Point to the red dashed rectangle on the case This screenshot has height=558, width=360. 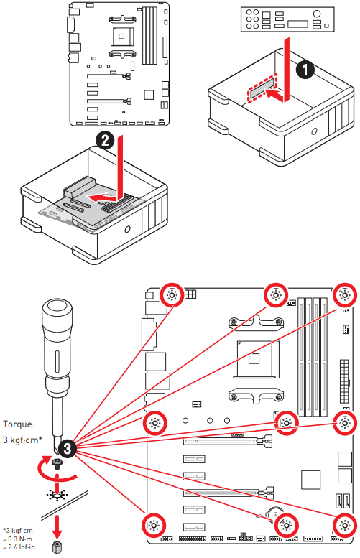click(x=263, y=89)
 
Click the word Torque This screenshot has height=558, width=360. click(x=18, y=424)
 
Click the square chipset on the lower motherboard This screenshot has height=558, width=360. click(x=311, y=480)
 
